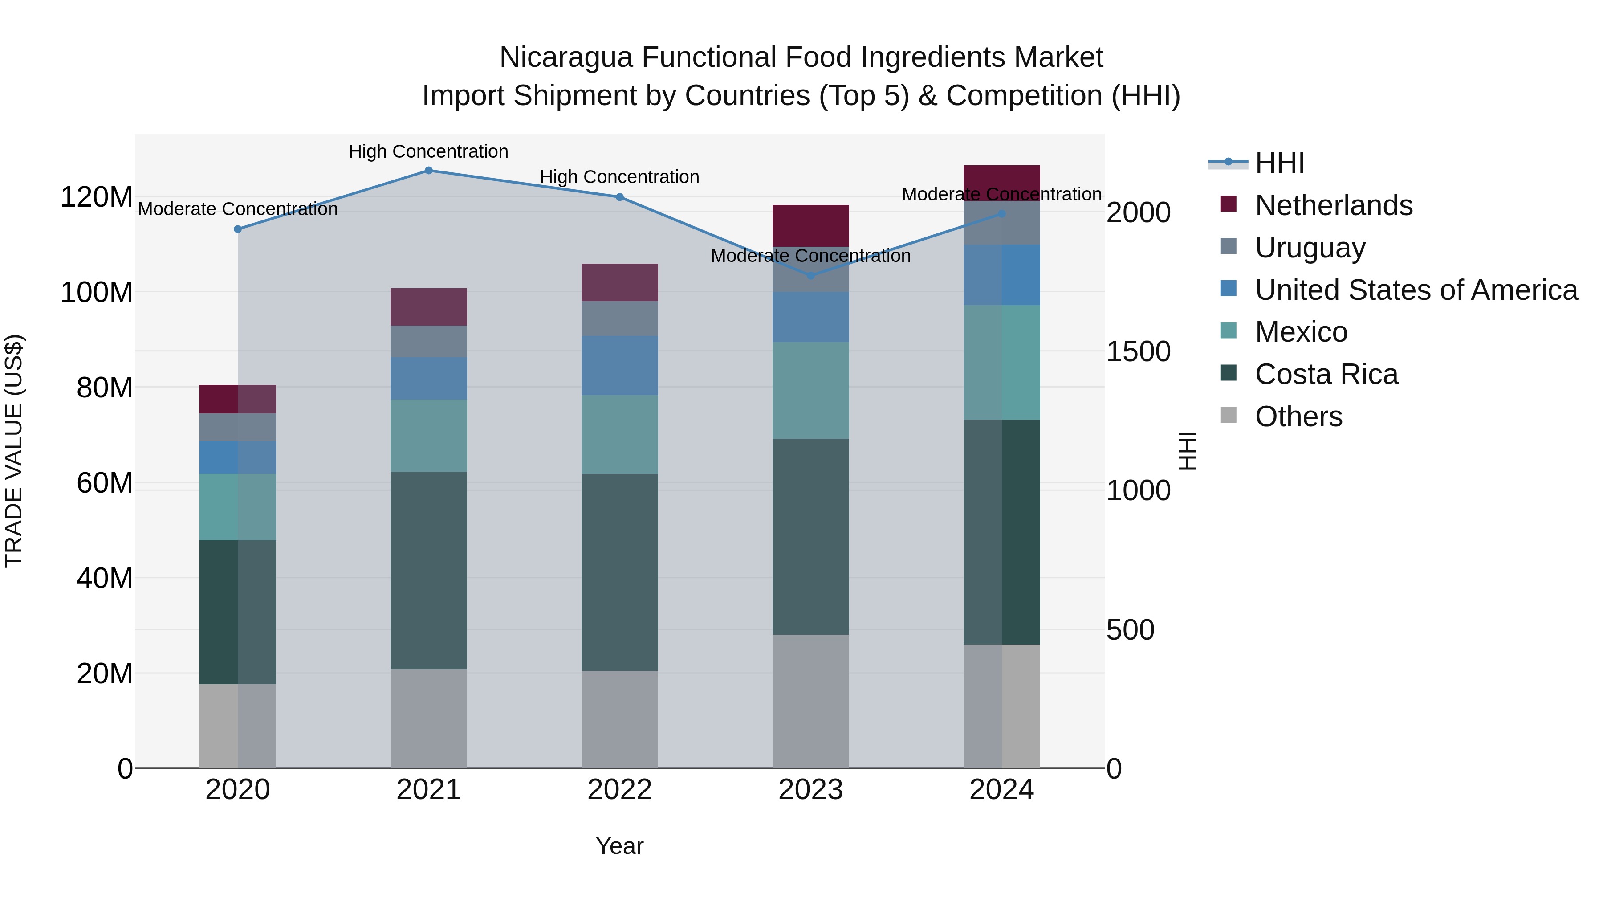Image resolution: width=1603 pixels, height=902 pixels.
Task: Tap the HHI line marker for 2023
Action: click(810, 276)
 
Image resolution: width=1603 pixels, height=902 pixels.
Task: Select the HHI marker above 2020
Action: click(238, 229)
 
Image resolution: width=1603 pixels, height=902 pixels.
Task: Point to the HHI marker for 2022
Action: click(619, 197)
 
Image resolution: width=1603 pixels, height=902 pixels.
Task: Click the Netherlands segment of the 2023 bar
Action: click(810, 225)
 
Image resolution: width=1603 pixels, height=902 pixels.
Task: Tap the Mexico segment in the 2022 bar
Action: click(619, 434)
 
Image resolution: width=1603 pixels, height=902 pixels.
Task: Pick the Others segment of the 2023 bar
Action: click(810, 701)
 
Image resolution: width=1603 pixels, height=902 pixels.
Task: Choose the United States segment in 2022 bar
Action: click(619, 365)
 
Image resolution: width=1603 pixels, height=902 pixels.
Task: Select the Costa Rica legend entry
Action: click(1326, 374)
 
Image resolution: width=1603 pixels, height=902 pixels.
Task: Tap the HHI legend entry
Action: click(1279, 163)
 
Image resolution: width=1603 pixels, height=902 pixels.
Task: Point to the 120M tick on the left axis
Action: click(97, 197)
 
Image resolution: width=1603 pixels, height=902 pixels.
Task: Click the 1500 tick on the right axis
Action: click(1138, 352)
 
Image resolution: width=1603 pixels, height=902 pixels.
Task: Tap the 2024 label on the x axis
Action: click(1001, 790)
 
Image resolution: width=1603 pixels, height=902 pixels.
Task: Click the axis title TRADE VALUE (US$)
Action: click(14, 451)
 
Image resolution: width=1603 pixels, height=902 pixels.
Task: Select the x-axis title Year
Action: click(619, 846)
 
